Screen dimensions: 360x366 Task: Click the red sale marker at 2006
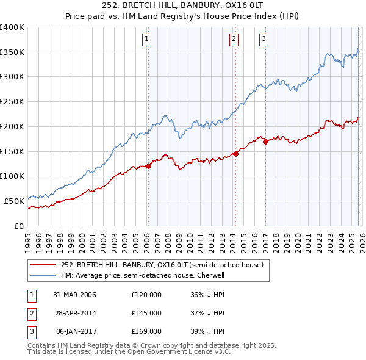coord(148,166)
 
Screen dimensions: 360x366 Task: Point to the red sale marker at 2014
coord(235,154)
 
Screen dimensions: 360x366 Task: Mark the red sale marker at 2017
coord(265,142)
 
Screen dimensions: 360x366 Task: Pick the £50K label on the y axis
coord(14,201)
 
